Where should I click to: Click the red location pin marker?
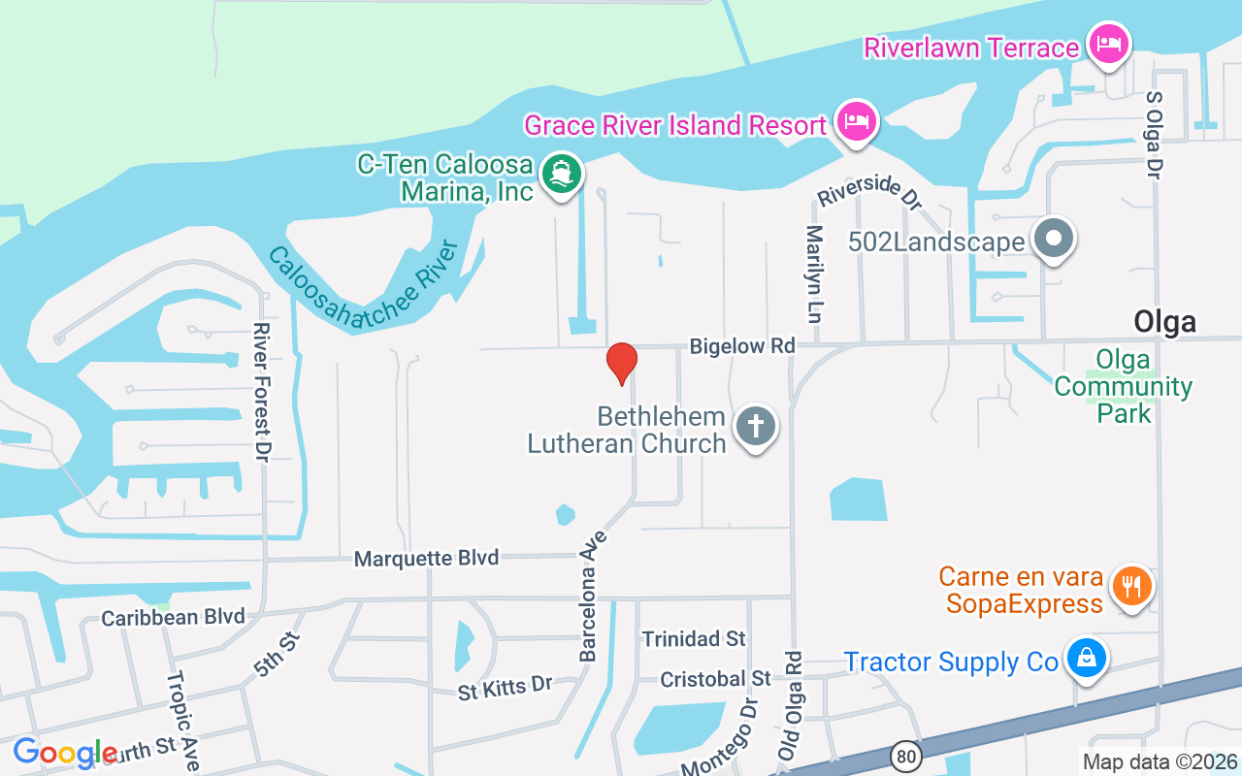621,363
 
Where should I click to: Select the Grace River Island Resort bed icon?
858,121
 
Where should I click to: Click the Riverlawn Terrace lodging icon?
1108,43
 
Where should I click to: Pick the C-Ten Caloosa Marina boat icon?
562,175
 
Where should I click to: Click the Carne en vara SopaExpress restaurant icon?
1130,586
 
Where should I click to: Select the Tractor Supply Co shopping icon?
1086,659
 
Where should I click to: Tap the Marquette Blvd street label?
426,559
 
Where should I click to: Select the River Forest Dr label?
260,392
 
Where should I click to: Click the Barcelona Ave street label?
593,597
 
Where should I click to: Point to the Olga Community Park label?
1123,386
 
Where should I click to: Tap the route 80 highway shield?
905,756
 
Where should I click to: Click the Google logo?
65,753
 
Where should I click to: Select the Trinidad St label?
694,638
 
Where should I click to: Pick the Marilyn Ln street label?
814,274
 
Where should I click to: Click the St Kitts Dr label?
505,688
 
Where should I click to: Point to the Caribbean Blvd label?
173,618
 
